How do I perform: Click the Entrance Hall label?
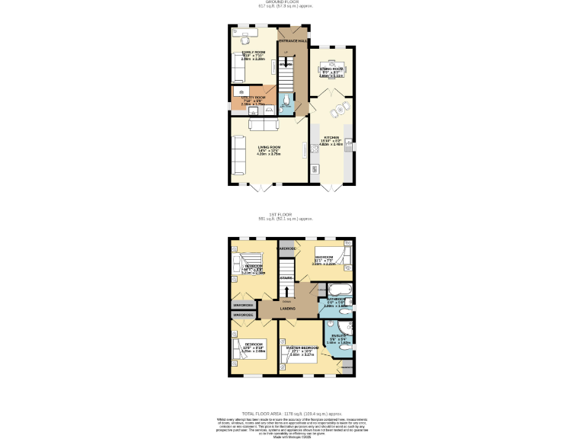click(x=292, y=39)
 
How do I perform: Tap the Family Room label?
click(x=254, y=52)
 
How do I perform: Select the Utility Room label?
click(x=254, y=98)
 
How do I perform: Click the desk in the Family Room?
click(x=248, y=33)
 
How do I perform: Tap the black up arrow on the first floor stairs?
click(x=286, y=290)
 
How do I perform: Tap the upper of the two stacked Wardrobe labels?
click(x=243, y=305)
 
